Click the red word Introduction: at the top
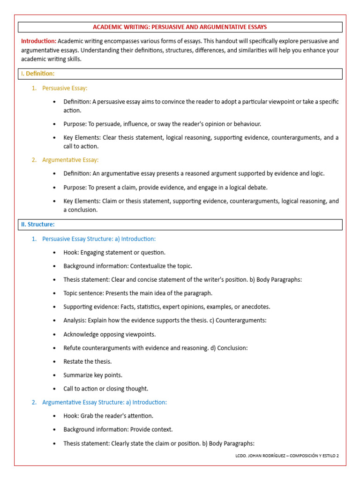38,41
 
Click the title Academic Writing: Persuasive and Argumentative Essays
180,27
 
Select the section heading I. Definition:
37,74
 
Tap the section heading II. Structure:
37,225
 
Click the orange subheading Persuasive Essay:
65,88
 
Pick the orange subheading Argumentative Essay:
70,160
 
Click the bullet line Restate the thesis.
88,361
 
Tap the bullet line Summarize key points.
93,375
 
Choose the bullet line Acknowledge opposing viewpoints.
109,334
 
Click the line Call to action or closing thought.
105,389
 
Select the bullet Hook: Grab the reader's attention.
108,416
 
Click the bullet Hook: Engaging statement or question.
114,252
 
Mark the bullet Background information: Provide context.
118,429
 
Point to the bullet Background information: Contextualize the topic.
127,266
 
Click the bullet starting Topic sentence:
138,293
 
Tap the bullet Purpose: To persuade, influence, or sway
162,124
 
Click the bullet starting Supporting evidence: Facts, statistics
166,307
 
